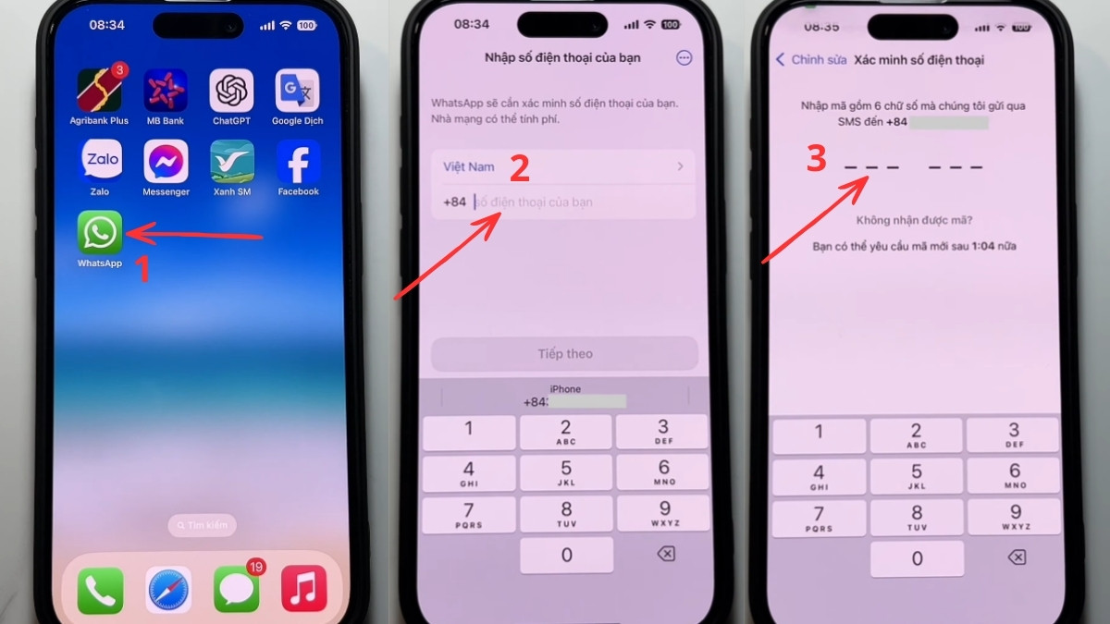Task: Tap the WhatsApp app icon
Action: pos(100,232)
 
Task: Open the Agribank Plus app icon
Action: pos(100,91)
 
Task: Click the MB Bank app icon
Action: pos(166,91)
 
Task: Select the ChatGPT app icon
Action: pos(232,91)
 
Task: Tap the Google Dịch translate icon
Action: pos(298,91)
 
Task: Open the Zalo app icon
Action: pos(100,162)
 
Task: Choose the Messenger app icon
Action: pos(166,162)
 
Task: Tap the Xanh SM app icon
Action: pos(232,162)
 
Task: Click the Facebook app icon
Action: pos(298,162)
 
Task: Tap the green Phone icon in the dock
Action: pos(100,589)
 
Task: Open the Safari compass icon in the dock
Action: pos(168,589)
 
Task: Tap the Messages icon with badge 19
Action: pos(237,589)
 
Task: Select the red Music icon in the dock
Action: pos(303,589)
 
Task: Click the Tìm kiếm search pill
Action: pos(202,525)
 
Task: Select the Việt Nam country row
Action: pos(562,167)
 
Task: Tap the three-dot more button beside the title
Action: pos(684,57)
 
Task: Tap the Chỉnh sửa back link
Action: pos(811,60)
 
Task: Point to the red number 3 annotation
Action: pos(816,159)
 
